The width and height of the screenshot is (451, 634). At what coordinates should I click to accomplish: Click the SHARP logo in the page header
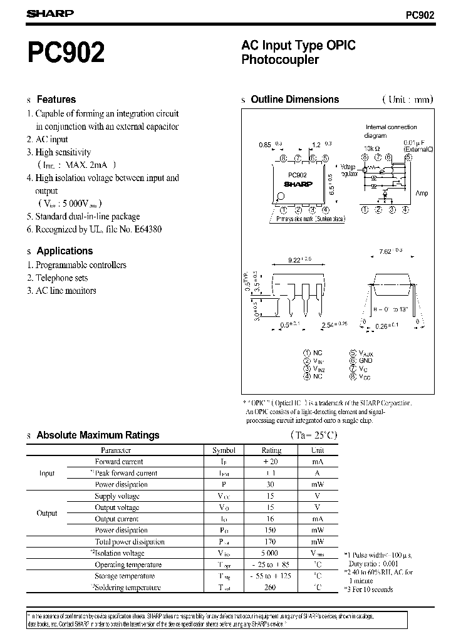pos(51,13)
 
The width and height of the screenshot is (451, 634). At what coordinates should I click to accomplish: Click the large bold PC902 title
pos(66,53)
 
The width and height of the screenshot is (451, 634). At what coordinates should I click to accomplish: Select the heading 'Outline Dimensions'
pos(294,99)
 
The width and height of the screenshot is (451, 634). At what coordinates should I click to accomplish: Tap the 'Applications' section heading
pos(65,251)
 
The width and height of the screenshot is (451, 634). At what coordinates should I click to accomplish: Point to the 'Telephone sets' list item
pos(61,278)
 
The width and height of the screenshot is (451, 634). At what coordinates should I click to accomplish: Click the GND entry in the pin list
pos(366,361)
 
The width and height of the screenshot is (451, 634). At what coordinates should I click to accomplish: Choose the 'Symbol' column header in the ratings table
pos(224,450)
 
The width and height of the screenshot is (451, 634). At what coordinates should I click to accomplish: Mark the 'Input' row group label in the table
pos(47,473)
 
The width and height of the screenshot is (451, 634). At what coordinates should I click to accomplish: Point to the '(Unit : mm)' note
pos(407,100)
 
